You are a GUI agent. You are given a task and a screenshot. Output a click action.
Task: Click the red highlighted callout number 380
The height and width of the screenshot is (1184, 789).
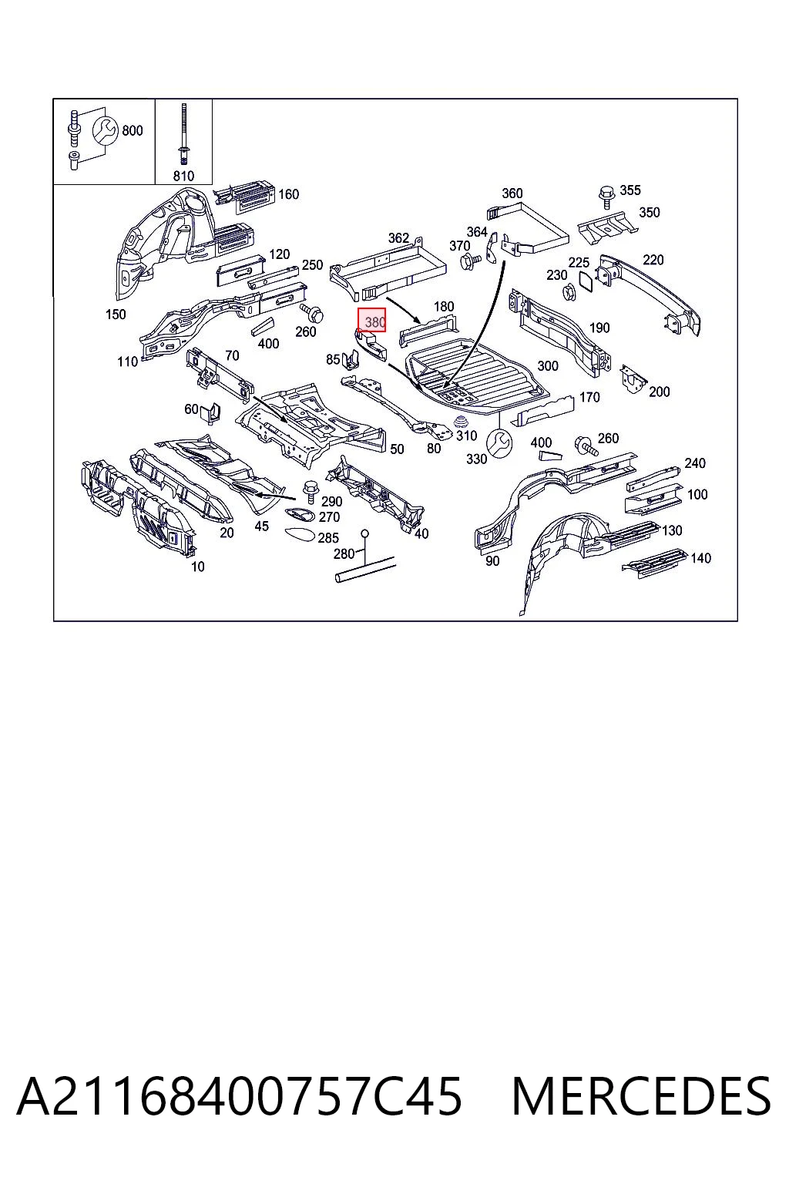click(x=374, y=322)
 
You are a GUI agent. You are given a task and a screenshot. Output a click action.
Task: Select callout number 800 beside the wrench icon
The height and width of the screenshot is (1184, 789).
click(x=132, y=130)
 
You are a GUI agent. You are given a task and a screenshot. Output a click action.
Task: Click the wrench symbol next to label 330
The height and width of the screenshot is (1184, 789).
click(x=499, y=443)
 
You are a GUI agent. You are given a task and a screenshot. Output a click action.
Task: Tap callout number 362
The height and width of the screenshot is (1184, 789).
click(x=398, y=238)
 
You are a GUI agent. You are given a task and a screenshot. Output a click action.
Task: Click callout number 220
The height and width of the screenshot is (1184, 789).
click(x=653, y=260)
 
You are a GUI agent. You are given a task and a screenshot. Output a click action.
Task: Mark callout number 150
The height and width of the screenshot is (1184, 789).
click(x=116, y=314)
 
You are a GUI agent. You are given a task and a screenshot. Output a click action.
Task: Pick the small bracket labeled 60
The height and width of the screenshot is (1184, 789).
click(x=211, y=413)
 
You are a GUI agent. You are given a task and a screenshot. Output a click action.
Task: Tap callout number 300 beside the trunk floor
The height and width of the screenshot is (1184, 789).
click(x=548, y=366)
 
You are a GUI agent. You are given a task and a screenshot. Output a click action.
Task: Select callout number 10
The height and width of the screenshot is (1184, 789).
click(x=198, y=567)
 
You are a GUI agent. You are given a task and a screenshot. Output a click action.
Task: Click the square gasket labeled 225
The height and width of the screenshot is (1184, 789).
click(x=586, y=281)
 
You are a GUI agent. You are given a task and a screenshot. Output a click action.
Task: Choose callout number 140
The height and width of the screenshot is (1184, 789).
click(x=700, y=558)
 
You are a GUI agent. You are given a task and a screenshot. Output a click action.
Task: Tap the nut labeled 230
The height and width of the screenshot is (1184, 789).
click(x=569, y=290)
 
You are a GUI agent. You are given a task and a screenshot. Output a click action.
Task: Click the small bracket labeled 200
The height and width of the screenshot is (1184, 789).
click(x=633, y=378)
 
